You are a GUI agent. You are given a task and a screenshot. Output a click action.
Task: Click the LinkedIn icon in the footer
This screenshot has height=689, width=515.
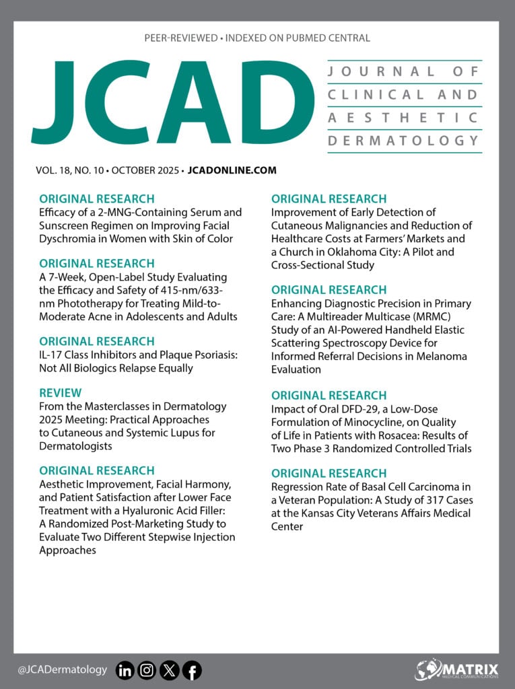click(125, 670)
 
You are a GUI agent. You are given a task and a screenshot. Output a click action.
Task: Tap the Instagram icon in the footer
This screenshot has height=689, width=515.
click(147, 670)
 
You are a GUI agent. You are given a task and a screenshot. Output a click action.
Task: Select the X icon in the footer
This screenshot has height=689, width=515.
click(169, 670)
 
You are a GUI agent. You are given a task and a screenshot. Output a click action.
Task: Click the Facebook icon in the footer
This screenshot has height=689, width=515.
click(192, 670)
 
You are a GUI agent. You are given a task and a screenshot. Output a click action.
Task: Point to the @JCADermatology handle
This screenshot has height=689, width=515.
click(63, 669)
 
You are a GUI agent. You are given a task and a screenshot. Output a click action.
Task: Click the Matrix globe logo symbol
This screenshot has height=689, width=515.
click(428, 669)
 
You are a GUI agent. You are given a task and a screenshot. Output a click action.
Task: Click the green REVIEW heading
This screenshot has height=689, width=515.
click(61, 392)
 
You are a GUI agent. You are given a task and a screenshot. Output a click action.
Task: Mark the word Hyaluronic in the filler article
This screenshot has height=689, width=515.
click(151, 510)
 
